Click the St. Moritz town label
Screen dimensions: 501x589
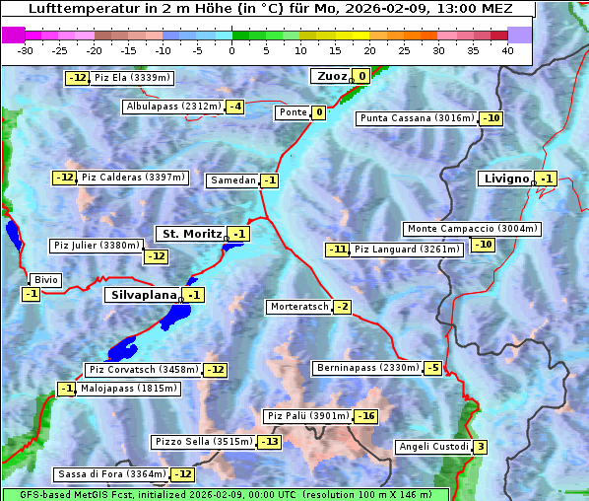point(190,234)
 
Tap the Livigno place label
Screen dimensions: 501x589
point(506,179)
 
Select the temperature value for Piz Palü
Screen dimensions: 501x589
point(366,416)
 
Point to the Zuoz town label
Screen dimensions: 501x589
point(329,76)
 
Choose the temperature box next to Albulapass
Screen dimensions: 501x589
point(234,107)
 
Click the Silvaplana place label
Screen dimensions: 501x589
point(143,295)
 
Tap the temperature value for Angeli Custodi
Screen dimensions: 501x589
point(480,447)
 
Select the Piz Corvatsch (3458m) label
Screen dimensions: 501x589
point(143,370)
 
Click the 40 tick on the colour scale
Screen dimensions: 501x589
point(507,50)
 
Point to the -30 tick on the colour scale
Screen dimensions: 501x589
point(26,50)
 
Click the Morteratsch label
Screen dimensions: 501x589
point(298,307)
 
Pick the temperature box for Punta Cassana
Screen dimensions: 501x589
point(491,118)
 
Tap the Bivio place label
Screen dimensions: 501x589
point(46,280)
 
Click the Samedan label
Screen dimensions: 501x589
point(233,180)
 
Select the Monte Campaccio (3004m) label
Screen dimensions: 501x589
point(472,229)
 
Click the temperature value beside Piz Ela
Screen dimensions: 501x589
point(77,78)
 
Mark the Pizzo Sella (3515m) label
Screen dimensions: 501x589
point(203,441)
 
